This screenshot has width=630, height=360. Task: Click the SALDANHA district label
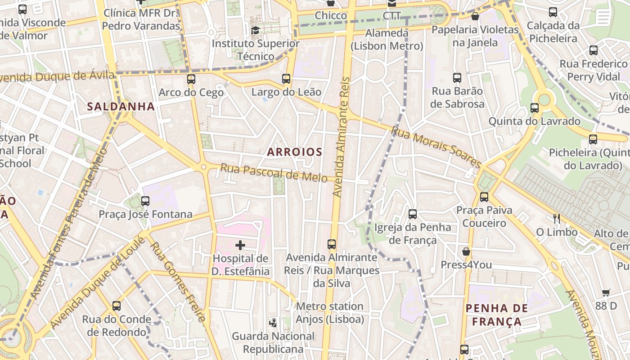(x=121, y=107)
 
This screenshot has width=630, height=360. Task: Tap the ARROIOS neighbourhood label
(x=295, y=152)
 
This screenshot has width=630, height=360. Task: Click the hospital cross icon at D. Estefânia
(x=240, y=245)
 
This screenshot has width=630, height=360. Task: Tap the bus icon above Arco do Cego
(x=191, y=79)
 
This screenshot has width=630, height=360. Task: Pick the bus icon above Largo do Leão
(x=286, y=79)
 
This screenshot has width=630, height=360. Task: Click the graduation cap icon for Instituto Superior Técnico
(x=256, y=30)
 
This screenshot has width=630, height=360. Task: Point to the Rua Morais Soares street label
(x=436, y=147)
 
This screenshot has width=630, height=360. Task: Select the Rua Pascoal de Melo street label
(x=274, y=173)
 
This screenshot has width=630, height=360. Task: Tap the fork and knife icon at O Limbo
(x=557, y=219)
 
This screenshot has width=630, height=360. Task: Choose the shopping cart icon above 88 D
(x=606, y=292)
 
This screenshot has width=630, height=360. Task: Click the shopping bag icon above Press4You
(x=466, y=251)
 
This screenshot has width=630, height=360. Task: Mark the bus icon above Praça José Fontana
(x=145, y=201)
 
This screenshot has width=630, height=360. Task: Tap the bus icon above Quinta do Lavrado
(x=534, y=108)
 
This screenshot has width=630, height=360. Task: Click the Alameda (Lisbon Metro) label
(x=387, y=40)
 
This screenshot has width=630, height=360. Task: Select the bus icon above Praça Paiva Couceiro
(x=484, y=197)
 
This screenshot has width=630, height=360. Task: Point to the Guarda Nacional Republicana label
(x=273, y=342)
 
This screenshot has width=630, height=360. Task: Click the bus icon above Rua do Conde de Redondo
(x=117, y=306)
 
